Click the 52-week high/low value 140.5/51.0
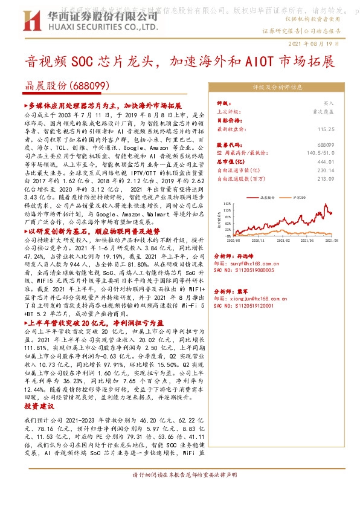(321, 154)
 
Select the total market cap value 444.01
(326, 162)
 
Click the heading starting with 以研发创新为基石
(91, 232)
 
